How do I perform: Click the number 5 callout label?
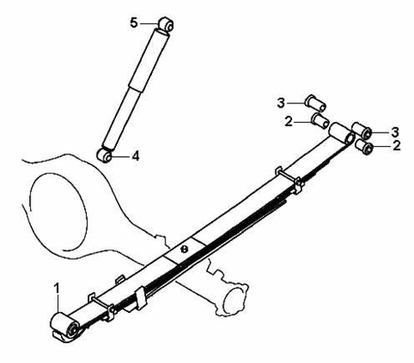point(134,23)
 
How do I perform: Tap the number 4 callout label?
point(135,156)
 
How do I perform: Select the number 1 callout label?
point(57,288)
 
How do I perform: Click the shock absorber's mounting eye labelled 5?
point(166,24)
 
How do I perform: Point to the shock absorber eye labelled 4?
point(104,155)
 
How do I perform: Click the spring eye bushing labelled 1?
point(64,325)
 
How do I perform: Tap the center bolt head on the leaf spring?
point(184,250)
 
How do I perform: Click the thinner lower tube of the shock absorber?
point(121,118)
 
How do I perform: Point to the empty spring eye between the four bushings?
point(341,133)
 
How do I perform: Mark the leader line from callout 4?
point(121,157)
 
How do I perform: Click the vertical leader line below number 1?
point(58,304)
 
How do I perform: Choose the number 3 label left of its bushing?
point(281,103)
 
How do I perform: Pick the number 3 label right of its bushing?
point(395,132)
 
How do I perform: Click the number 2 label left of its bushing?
point(289,122)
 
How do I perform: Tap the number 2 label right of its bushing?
point(396,146)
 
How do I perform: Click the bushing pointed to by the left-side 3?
point(316,103)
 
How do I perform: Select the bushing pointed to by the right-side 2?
point(365,146)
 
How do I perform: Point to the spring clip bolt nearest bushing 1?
point(102,303)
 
